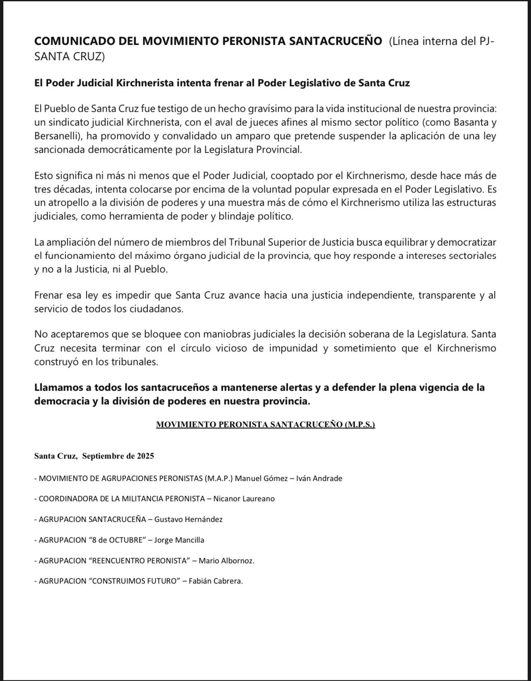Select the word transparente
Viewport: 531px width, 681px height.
pos(446,296)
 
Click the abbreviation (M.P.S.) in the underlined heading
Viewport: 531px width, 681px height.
pos(359,425)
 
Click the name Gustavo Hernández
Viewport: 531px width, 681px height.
pos(188,520)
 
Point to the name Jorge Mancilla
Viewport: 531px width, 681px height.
pos(179,540)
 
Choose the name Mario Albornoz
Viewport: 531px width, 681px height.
pos(226,561)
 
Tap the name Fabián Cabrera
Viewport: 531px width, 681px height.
pos(215,581)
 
